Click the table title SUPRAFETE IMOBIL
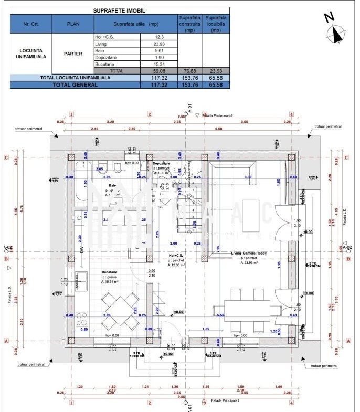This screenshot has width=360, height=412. [120, 10]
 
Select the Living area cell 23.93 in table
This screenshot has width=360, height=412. [160, 44]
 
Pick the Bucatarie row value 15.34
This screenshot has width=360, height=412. [160, 64]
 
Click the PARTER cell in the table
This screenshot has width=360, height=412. [73, 54]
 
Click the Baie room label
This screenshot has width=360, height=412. [112, 185]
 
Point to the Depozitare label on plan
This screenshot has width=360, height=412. [162, 164]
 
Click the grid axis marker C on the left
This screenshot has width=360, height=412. [6, 157]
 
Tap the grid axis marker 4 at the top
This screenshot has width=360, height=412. [291, 114]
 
